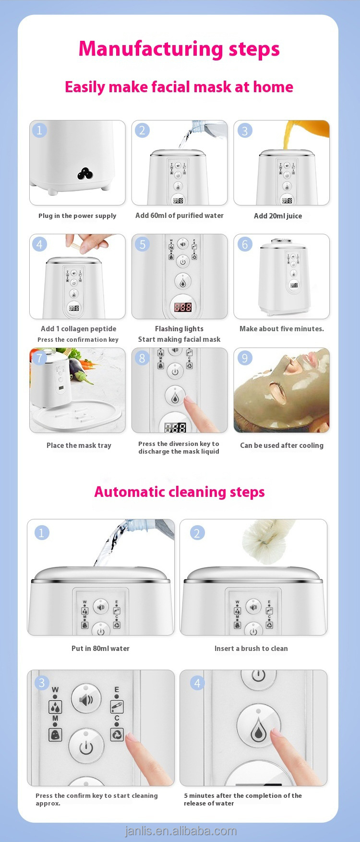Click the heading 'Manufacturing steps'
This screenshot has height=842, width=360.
[x=179, y=49]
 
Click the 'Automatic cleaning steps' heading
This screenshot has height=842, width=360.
[x=179, y=492]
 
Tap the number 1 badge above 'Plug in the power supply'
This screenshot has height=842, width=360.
[x=40, y=130]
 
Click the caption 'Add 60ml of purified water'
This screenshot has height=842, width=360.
[x=179, y=216]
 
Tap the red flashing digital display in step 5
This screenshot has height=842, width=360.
[x=182, y=307]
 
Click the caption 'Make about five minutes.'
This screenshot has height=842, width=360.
[x=281, y=329]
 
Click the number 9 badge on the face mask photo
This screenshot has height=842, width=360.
[x=245, y=358]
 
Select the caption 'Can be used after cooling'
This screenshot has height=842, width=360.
[x=281, y=445]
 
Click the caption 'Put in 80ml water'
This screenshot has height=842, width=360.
[x=100, y=649]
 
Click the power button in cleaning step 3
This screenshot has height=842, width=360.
[x=86, y=747]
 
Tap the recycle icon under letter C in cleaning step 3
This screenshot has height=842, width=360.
[x=117, y=734]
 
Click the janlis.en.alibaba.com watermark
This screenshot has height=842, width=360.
[x=180, y=831]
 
